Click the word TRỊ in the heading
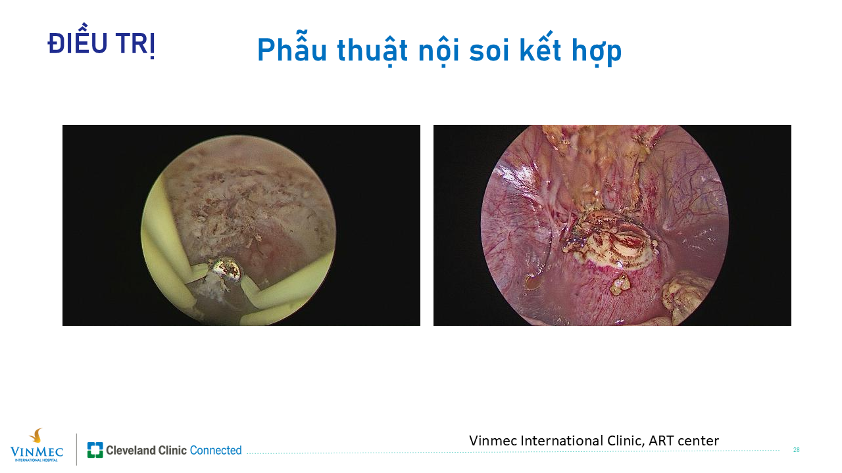point(136,45)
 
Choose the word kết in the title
point(541,47)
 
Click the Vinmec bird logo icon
point(36,436)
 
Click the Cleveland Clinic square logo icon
point(95,450)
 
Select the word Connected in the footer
point(215,450)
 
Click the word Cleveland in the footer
point(130,450)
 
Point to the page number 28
point(796,450)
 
